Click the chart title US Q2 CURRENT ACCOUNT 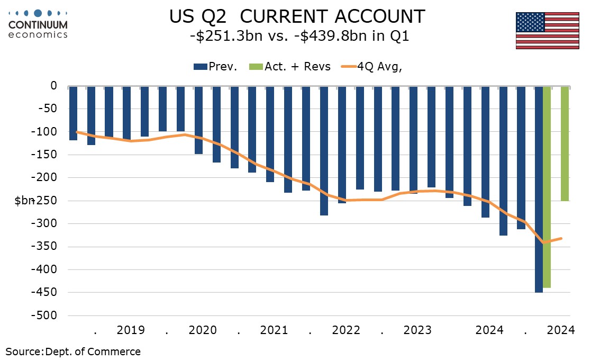pyautogui.click(x=297, y=16)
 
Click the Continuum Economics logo pyautogui.click(x=38, y=24)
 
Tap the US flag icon pyautogui.click(x=547, y=30)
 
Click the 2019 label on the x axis pyautogui.click(x=131, y=330)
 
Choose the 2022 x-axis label pyautogui.click(x=346, y=330)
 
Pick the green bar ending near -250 pyautogui.click(x=565, y=143)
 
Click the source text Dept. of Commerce pyautogui.click(x=93, y=352)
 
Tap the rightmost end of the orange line pyautogui.click(x=562, y=238)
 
